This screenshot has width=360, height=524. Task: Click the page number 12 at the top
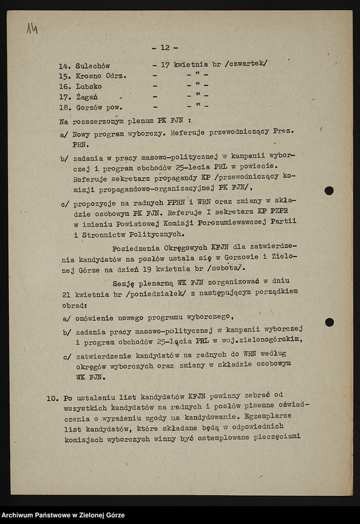pyautogui.click(x=165, y=47)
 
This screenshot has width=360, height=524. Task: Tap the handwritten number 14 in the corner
pyautogui.click(x=32, y=28)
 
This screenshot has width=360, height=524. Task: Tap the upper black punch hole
pyautogui.click(x=329, y=190)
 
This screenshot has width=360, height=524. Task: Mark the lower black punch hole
pyautogui.click(x=329, y=322)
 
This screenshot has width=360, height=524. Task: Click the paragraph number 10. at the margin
pyautogui.click(x=53, y=396)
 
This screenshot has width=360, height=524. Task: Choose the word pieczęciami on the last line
pyautogui.click(x=276, y=436)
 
